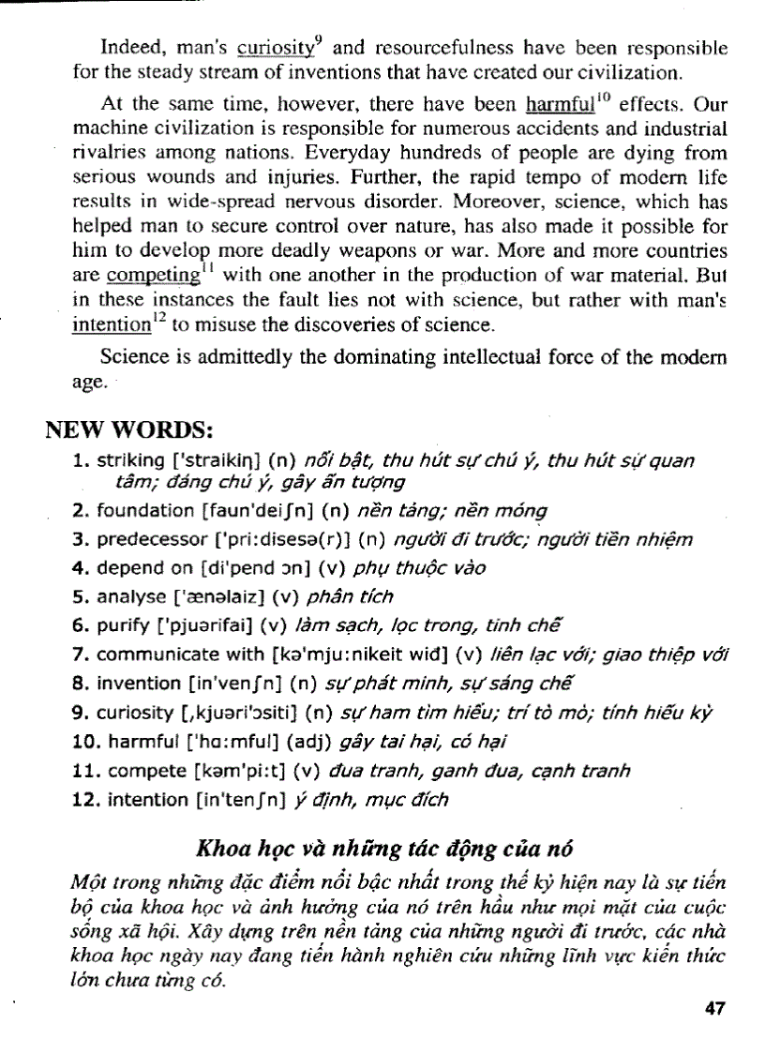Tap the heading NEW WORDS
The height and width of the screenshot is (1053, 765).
point(130,431)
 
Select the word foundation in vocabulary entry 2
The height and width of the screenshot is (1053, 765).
point(144,511)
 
